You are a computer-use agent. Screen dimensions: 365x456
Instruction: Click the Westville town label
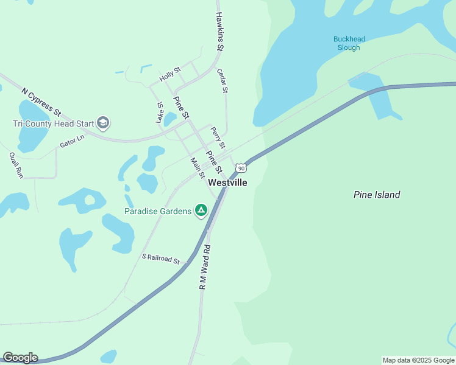[x=227, y=182]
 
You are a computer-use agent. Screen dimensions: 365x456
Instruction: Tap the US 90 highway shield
[x=241, y=167]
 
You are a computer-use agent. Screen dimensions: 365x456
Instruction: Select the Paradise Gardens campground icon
[x=201, y=211]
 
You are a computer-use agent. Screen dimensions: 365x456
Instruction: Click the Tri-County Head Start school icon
[x=103, y=123]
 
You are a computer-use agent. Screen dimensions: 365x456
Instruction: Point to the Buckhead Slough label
[x=349, y=43]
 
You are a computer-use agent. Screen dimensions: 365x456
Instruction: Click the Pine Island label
[x=377, y=195]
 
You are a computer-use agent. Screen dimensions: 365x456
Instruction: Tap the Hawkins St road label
[x=220, y=31]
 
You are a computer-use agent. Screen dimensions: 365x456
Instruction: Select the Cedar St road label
[x=223, y=80]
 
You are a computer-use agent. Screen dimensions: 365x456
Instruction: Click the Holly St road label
[x=170, y=75]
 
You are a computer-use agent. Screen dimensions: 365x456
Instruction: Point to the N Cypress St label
[x=41, y=102]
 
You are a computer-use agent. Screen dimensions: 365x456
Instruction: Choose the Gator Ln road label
[x=71, y=142]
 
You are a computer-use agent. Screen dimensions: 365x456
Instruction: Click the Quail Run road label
[x=16, y=164]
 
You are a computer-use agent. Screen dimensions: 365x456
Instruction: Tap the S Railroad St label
[x=160, y=259]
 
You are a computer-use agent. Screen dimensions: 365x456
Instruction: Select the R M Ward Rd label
[x=205, y=266]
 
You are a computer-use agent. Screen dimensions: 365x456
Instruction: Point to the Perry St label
[x=218, y=137]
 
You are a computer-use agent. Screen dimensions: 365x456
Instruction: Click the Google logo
[x=20, y=358]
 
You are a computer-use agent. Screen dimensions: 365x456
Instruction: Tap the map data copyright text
[x=418, y=360]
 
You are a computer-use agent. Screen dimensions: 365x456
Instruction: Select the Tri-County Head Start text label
[x=54, y=123]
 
